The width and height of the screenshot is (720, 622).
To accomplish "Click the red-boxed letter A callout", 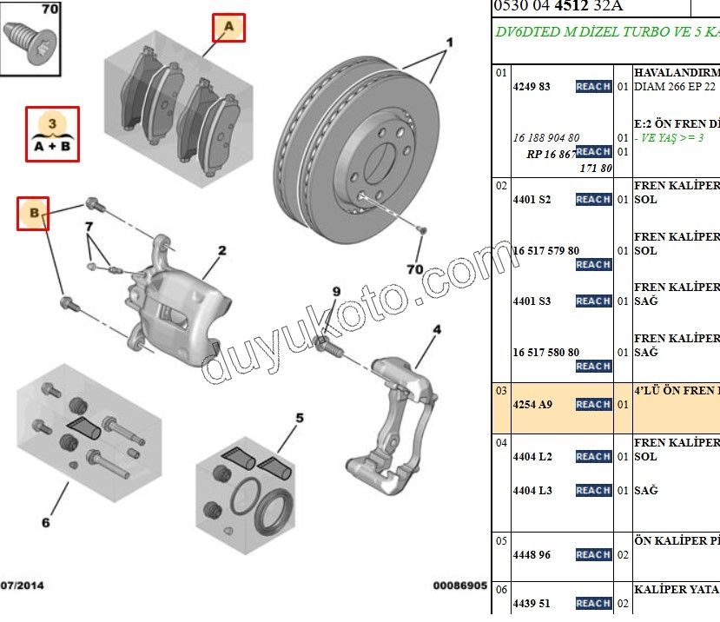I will pyautogui.click(x=229, y=28).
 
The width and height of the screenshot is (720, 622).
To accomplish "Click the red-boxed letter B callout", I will pyautogui.click(x=33, y=213).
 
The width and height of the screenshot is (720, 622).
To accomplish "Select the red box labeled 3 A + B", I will pyautogui.click(x=52, y=135).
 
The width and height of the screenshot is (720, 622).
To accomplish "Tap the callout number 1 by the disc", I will pyautogui.click(x=450, y=43).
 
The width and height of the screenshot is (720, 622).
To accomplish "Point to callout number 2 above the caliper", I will pyautogui.click(x=222, y=251).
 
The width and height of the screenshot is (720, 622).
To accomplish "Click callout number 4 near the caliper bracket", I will pyautogui.click(x=437, y=329).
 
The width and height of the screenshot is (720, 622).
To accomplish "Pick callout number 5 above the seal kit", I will pyautogui.click(x=300, y=419).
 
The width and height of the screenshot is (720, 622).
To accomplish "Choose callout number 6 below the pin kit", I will pyautogui.click(x=45, y=522).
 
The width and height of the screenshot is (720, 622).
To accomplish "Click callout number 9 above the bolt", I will pyautogui.click(x=335, y=291).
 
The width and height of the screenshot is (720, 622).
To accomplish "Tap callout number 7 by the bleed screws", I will pyautogui.click(x=89, y=228).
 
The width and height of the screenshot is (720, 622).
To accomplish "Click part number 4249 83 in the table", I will pyautogui.click(x=532, y=87).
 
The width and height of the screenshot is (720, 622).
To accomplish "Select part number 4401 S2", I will pyautogui.click(x=532, y=200).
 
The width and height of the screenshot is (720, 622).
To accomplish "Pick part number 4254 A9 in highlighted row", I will pyautogui.click(x=532, y=405).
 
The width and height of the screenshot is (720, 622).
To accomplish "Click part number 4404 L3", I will pyautogui.click(x=532, y=491).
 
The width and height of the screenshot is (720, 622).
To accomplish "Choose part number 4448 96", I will pyautogui.click(x=532, y=555).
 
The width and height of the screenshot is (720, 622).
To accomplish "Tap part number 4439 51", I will pyautogui.click(x=532, y=604).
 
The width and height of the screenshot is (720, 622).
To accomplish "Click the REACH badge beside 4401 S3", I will pyautogui.click(x=593, y=301).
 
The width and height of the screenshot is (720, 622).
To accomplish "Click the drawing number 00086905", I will pyautogui.click(x=459, y=586).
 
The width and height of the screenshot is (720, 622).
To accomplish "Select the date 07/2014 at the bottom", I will pyautogui.click(x=24, y=586).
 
